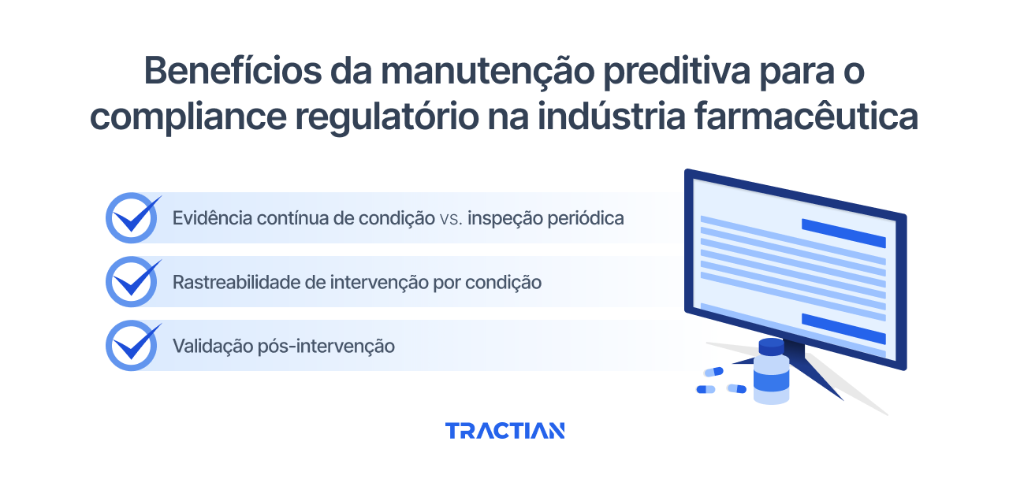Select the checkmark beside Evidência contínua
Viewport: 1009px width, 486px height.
132,217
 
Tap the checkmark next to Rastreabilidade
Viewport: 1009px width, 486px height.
132,281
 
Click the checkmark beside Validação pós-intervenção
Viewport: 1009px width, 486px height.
132,345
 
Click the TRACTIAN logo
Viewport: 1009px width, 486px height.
504,431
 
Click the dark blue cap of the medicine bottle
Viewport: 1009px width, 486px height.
771,347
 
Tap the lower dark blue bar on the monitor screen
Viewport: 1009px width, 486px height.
843,328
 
